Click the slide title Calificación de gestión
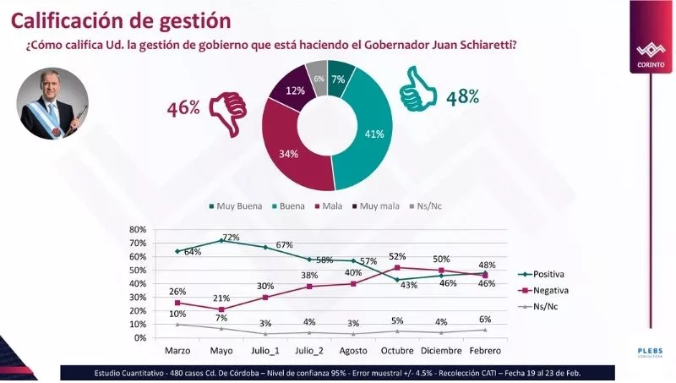pos(121,18)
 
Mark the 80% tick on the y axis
pos(138,229)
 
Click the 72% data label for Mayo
pos(232,238)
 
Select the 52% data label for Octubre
pos(397,256)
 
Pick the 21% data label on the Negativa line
pos(221,298)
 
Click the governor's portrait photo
pos(52,104)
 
